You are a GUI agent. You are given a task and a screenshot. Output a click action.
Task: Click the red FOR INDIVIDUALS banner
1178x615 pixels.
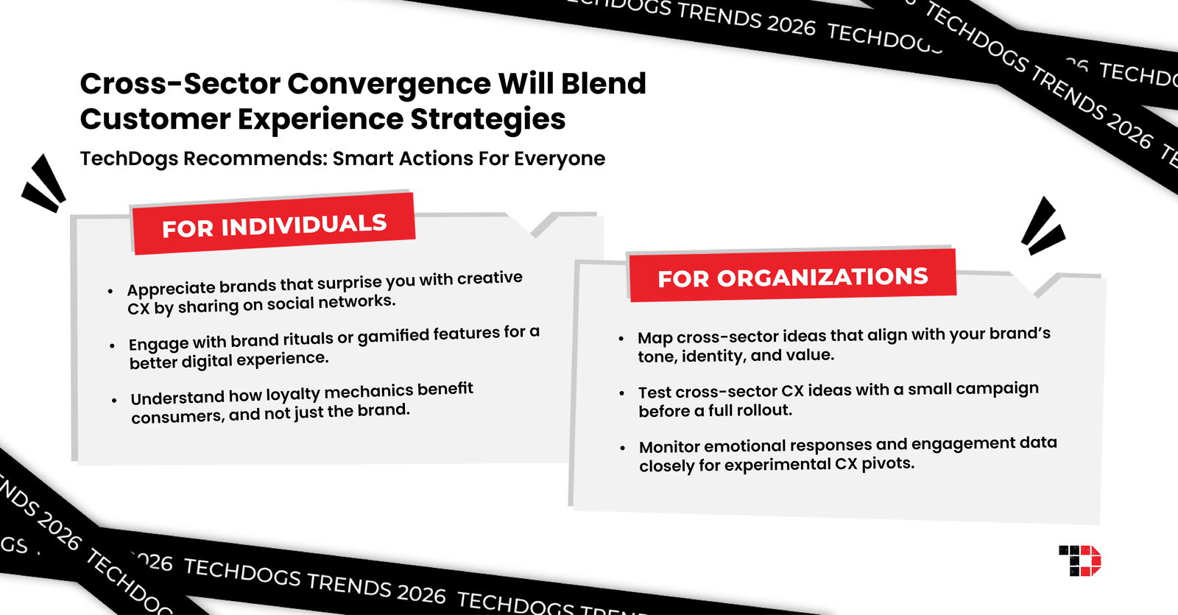274,225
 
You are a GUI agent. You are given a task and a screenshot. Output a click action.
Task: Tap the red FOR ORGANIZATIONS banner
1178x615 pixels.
792,277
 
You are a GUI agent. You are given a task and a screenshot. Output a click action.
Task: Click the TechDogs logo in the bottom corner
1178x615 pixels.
1079,560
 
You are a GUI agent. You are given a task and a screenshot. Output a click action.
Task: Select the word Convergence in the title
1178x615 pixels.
389,84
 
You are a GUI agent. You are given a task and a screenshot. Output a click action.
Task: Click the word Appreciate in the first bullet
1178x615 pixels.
171,287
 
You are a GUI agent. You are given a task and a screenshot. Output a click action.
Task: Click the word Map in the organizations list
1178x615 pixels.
655,337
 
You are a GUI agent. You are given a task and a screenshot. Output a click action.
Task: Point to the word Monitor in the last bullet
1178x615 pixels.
669,447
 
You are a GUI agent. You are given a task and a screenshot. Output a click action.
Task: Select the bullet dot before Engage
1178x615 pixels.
112,345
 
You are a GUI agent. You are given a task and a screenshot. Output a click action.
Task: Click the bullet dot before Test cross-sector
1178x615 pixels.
622,393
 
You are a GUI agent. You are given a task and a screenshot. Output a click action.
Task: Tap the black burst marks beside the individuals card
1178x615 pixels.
44,184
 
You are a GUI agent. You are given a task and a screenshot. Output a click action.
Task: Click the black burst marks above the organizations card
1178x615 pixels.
1042,226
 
